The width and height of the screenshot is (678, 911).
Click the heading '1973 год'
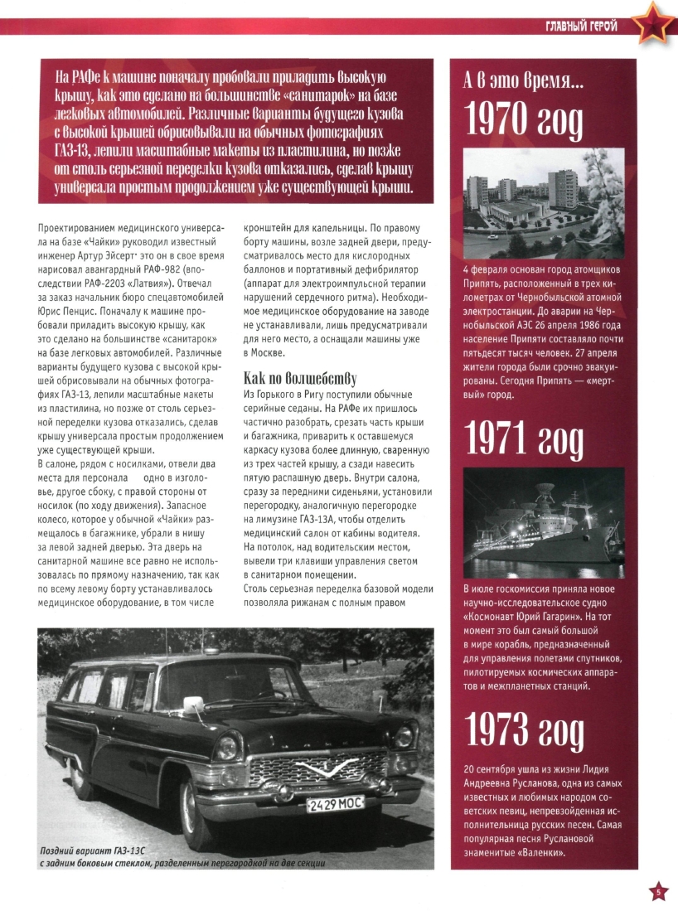click(524, 729)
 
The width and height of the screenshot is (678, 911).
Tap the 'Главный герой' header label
click(582, 27)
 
